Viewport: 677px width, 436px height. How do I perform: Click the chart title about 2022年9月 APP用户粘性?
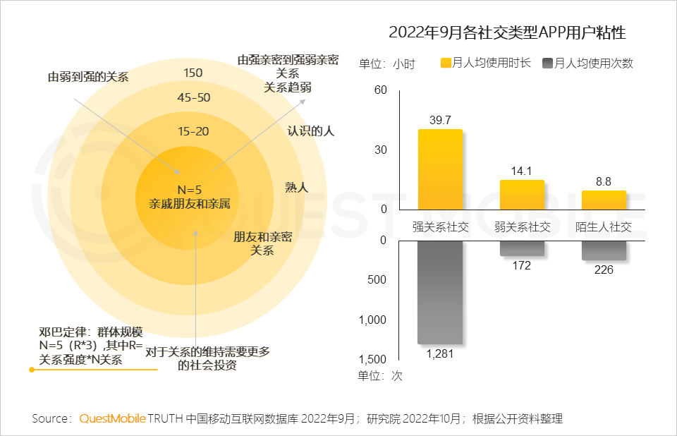507,32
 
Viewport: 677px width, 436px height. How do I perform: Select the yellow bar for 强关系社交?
440,169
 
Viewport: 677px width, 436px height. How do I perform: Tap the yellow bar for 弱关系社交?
522,195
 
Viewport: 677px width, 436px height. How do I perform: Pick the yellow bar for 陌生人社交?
604,200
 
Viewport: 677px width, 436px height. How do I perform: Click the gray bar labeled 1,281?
440,292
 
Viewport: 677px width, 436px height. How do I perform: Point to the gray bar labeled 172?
522,248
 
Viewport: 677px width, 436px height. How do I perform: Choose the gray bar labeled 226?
604,250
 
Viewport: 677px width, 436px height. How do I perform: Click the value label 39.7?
440,120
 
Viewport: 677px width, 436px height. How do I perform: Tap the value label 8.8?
604,181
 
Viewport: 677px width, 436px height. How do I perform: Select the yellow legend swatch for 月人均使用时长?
446,63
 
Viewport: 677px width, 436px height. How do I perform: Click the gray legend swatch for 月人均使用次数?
548,63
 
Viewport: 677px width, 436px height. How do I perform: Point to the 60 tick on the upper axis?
381,90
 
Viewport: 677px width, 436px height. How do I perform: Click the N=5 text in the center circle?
189,190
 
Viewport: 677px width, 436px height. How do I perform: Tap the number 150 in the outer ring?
193,73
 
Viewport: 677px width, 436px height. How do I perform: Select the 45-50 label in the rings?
193,97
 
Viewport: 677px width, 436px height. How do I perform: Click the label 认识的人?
310,131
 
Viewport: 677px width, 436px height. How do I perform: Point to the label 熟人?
296,187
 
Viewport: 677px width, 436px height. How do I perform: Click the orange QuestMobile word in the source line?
112,418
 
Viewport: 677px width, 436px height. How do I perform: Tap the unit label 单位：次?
380,376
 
